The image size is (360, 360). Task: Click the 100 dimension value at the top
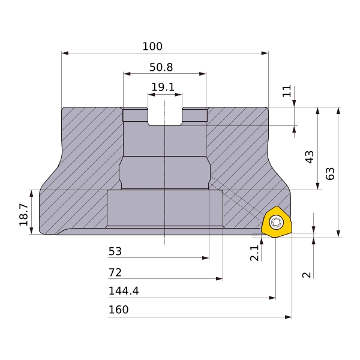[x=152, y=46]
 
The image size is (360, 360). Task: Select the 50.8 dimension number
[x=161, y=67]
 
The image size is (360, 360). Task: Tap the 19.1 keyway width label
[x=163, y=87]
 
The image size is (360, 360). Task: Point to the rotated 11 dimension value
[x=287, y=91]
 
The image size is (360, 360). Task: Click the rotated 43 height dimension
[x=310, y=157]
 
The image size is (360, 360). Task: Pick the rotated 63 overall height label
[x=330, y=173]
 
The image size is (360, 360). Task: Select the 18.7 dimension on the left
[x=23, y=215]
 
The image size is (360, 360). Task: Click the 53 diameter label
[x=115, y=251]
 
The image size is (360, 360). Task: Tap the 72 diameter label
[x=115, y=272]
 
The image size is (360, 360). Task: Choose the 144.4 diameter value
[x=124, y=291]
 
